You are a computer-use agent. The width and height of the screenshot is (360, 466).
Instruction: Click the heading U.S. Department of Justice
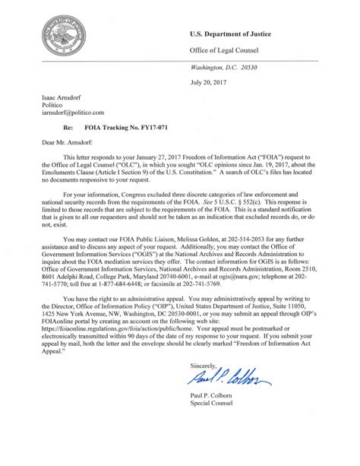click(242, 35)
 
